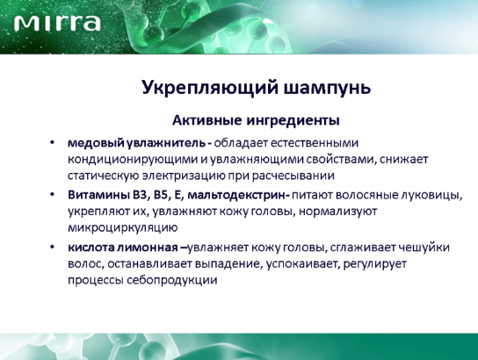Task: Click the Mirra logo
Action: (57, 23)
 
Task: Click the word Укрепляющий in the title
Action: (210, 88)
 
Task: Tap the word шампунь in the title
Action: (327, 89)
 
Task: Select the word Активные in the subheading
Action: (207, 120)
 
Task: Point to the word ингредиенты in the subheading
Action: (293, 121)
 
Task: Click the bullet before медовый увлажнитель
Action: (53, 142)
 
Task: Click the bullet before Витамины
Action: (53, 194)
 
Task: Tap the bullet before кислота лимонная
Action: (53, 247)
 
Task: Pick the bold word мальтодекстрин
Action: (237, 195)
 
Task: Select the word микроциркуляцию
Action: (122, 228)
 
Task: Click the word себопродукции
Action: (171, 280)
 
